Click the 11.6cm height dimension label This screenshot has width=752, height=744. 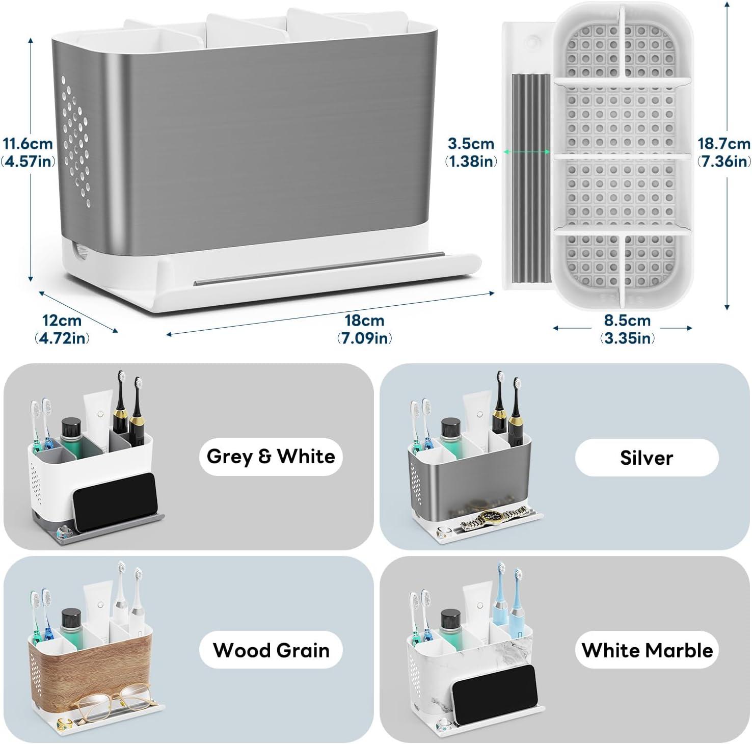pyautogui.click(x=29, y=152)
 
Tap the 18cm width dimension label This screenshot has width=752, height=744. pyautogui.click(x=364, y=329)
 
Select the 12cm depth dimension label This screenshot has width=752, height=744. pyautogui.click(x=62, y=329)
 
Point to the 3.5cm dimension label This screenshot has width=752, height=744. pyautogui.click(x=471, y=152)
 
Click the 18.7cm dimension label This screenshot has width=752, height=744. pyautogui.click(x=724, y=152)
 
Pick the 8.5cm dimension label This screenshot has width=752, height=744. pyautogui.click(x=627, y=329)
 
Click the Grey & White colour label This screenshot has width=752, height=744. pyautogui.click(x=271, y=456)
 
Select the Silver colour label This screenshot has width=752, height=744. pyautogui.click(x=647, y=458)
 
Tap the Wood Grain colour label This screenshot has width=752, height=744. pyautogui.click(x=271, y=650)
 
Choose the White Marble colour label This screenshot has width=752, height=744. pyautogui.click(x=647, y=650)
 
